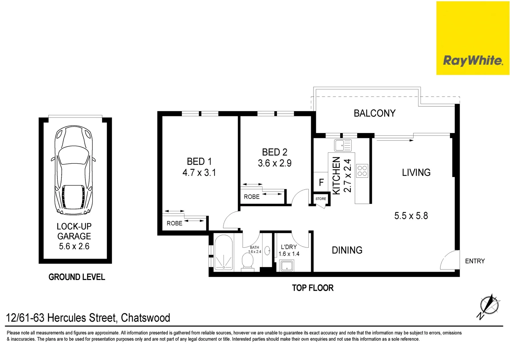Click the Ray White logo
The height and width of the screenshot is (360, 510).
[x=473, y=38]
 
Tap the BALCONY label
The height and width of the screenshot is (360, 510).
[x=375, y=113]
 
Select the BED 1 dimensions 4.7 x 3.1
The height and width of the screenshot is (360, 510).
[x=199, y=172]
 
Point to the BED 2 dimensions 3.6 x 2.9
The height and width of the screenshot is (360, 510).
[x=275, y=163]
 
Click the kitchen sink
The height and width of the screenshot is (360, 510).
[x=343, y=145]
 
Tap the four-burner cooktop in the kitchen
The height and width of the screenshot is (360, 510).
[x=362, y=171]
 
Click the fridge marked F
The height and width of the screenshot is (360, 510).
[x=321, y=182]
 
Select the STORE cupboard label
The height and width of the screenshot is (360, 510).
[x=321, y=199]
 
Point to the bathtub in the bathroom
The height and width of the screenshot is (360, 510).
[x=223, y=253]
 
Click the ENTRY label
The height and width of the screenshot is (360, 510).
[x=475, y=261]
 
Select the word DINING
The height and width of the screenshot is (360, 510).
[x=347, y=250]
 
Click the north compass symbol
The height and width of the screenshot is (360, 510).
[x=489, y=306]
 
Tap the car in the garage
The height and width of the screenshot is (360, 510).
[x=73, y=170]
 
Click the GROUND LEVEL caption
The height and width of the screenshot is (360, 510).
[x=77, y=277]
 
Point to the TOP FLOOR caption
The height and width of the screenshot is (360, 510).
[x=313, y=288]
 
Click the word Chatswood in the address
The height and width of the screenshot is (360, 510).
[x=145, y=318]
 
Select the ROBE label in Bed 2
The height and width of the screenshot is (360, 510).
[x=251, y=197]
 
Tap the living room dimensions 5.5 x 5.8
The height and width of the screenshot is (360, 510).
[x=411, y=216]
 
